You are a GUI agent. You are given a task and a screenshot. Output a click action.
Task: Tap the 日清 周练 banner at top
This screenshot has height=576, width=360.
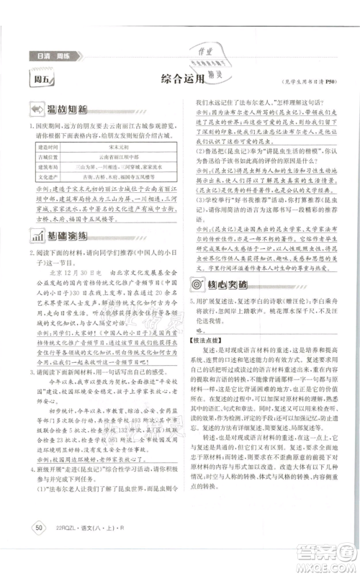tap(42, 55)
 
